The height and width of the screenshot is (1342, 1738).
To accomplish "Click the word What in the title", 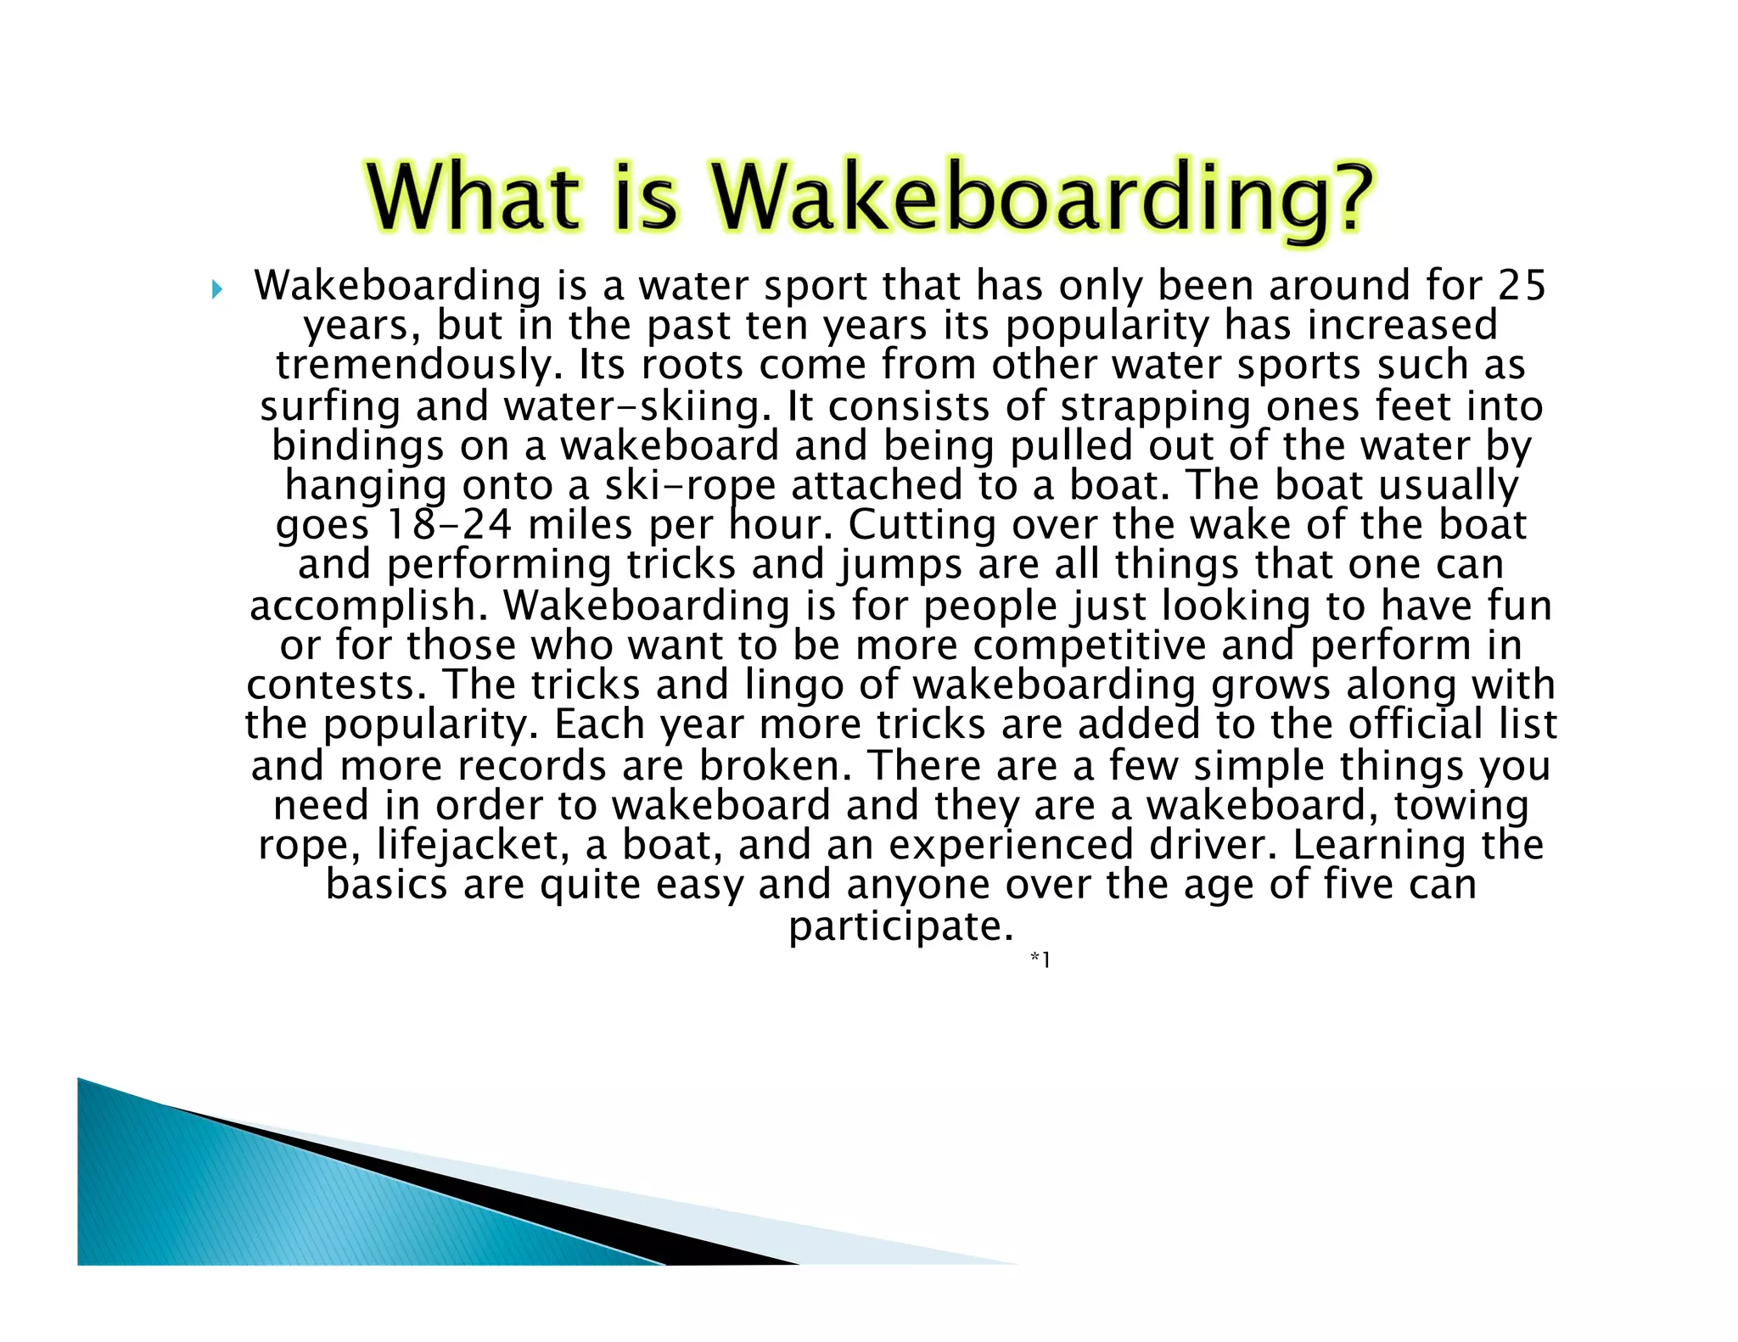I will (474, 198).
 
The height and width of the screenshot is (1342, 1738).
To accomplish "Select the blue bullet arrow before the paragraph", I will (217, 290).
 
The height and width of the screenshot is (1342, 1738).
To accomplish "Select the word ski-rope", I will (689, 486).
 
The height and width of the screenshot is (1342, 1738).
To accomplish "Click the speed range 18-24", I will (449, 525).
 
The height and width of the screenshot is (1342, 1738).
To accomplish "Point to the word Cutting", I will (914, 525).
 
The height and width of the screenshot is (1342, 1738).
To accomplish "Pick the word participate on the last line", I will (900, 926).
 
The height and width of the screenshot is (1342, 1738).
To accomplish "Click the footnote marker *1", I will (1040, 959).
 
